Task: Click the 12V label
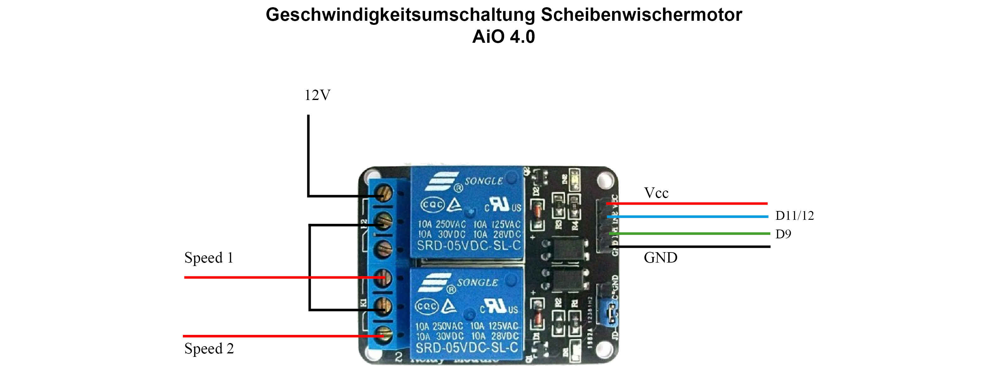pyautogui.click(x=317, y=95)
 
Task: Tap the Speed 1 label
pyautogui.click(x=209, y=258)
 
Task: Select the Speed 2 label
pyautogui.click(x=209, y=348)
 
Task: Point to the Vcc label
pyautogui.click(x=656, y=193)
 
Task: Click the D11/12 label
pyautogui.click(x=794, y=216)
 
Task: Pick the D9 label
pyautogui.click(x=783, y=234)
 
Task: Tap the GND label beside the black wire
pyautogui.click(x=660, y=258)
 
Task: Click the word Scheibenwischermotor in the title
pyautogui.click(x=641, y=15)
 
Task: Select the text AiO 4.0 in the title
pyautogui.click(x=504, y=37)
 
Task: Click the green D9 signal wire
pyautogui.click(x=689, y=234)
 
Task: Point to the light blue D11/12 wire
pyautogui.click(x=689, y=216)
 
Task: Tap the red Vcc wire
pyautogui.click(x=689, y=203)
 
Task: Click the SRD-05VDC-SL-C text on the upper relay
pyautogui.click(x=469, y=246)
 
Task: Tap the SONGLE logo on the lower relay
pyautogui.click(x=477, y=283)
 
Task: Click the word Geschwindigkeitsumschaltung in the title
pyautogui.click(x=400, y=15)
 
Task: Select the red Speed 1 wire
pyautogui.click(x=274, y=277)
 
